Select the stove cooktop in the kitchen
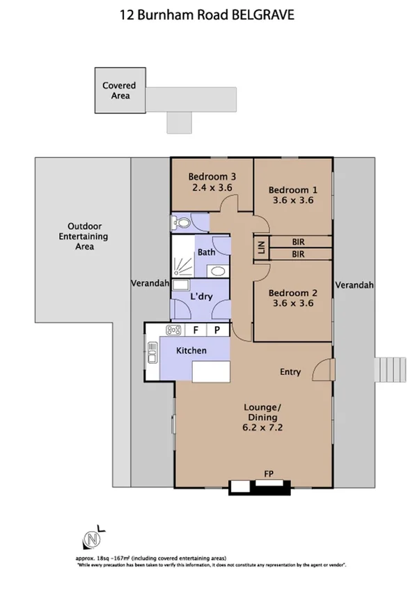click(173, 330)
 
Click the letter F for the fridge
click(196, 330)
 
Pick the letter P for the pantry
click(217, 330)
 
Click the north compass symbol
click(90, 539)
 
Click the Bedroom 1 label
click(293, 190)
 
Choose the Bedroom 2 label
click(293, 293)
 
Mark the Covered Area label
click(119, 91)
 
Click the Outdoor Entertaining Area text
click(85, 236)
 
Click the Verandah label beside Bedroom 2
click(354, 285)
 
